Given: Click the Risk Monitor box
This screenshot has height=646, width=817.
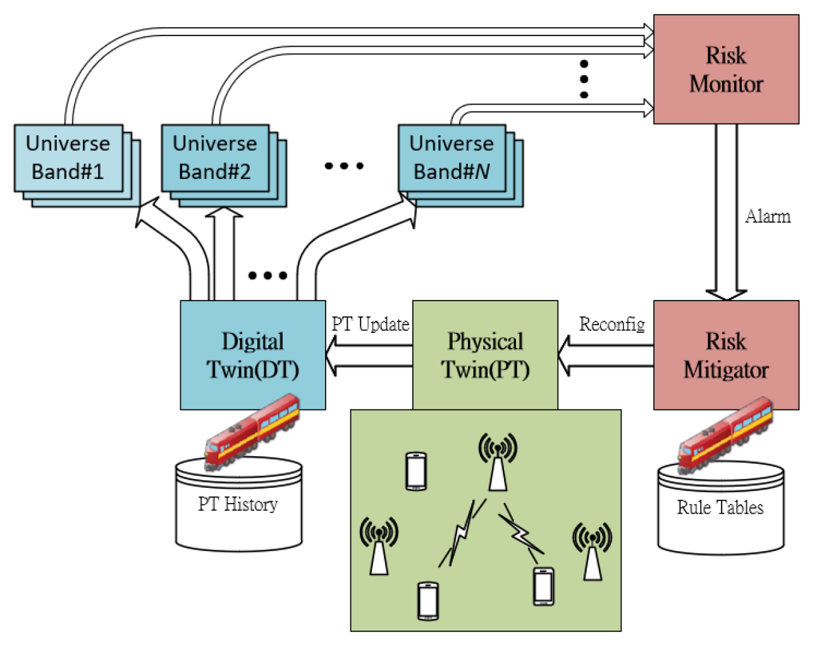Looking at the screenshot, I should click(x=726, y=70).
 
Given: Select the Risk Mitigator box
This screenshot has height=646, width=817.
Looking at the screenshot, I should click(x=726, y=355).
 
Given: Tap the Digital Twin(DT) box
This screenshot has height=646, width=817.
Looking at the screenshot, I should click(x=253, y=355).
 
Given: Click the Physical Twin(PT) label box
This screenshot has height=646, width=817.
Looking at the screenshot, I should click(x=485, y=355).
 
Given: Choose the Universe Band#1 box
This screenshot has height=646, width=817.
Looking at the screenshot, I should click(x=68, y=158).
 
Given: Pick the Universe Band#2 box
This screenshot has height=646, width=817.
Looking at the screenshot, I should click(x=215, y=158).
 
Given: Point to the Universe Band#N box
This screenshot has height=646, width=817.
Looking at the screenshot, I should click(x=451, y=158).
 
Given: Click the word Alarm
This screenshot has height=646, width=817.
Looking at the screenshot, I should click(x=768, y=217).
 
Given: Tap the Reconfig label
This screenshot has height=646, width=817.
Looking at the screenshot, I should click(x=612, y=325).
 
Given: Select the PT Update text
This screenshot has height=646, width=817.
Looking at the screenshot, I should click(x=371, y=325).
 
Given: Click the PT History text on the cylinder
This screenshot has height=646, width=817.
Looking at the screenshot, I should click(x=238, y=504).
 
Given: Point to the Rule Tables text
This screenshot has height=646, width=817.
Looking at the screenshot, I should click(x=720, y=507).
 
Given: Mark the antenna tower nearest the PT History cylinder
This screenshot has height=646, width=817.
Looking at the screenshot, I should click(x=379, y=546).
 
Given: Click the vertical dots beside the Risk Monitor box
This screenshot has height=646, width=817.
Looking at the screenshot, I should click(x=584, y=79).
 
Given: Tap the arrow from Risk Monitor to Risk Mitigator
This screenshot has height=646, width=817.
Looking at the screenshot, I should click(x=726, y=212).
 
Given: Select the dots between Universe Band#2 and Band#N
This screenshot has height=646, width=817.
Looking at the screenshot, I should click(x=344, y=166).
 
